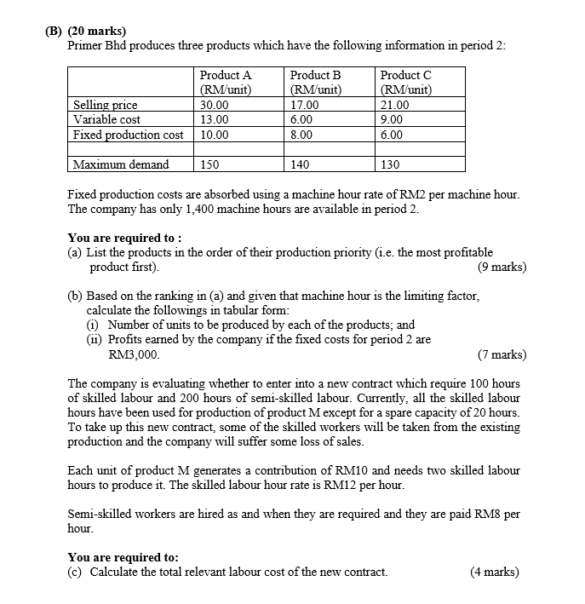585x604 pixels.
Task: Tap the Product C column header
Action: coord(406,83)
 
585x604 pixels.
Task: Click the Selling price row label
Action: coord(106,106)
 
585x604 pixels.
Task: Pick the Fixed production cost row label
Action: coord(129,135)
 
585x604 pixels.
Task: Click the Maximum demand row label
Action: coord(121,164)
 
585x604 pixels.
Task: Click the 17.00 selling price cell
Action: coord(304,106)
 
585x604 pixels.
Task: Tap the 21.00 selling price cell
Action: coord(394,106)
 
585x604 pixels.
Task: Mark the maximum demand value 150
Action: coord(209,164)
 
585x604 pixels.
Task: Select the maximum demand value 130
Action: coord(391,164)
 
